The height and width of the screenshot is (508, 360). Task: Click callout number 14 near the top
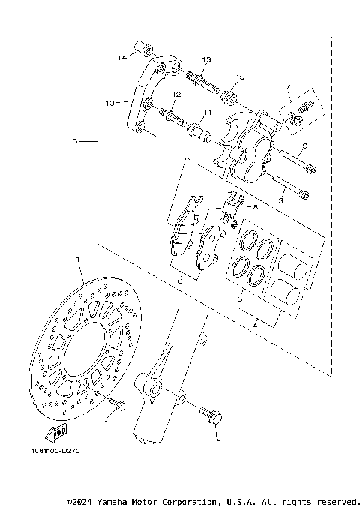[121, 57]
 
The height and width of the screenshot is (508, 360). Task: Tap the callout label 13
[206, 59]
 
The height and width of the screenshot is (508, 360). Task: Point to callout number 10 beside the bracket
[109, 104]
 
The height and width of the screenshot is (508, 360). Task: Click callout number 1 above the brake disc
[77, 260]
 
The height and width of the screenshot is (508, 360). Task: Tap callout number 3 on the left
[75, 140]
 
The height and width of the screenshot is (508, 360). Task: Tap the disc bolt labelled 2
[116, 406]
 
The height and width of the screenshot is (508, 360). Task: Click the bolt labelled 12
[169, 116]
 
